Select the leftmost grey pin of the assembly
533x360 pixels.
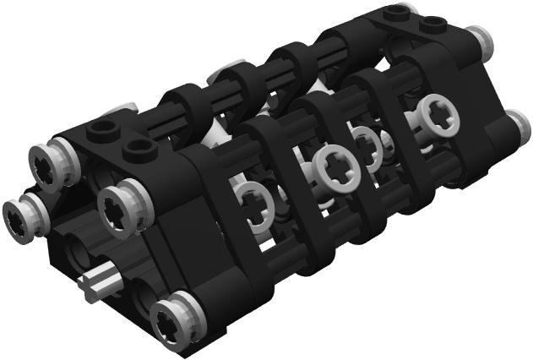point(19,218)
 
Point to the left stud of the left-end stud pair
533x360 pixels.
point(103,129)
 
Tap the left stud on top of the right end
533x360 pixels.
point(394,13)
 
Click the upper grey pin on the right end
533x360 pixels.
point(478,38)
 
